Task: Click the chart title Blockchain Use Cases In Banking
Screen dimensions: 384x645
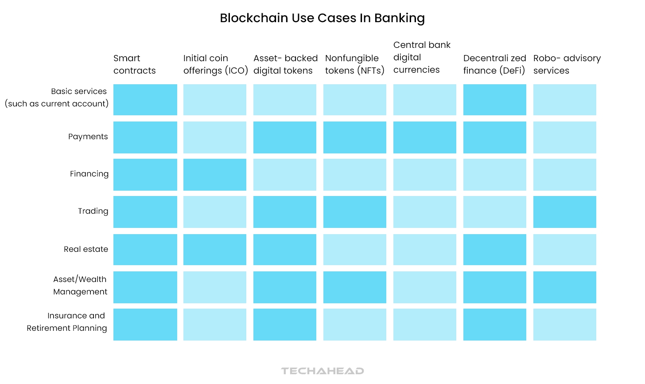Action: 322,18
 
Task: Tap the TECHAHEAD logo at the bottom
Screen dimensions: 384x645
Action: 322,371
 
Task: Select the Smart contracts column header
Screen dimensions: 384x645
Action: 135,64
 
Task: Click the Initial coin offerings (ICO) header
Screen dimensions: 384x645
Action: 215,64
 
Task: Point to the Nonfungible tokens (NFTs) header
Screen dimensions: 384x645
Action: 354,64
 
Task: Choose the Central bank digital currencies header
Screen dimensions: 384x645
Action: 421,57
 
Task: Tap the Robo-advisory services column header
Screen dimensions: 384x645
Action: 567,64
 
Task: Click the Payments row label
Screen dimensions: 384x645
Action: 88,137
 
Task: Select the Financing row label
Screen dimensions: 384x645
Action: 89,174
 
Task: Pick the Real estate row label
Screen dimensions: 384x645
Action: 86,249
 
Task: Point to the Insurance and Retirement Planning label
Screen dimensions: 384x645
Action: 67,322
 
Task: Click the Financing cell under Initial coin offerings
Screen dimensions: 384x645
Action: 215,175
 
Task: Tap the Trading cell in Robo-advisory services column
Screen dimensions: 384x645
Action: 564,212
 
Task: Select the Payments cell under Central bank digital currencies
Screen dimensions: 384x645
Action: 424,137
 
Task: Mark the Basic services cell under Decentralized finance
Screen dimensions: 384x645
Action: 494,100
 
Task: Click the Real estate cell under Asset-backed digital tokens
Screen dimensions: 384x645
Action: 284,250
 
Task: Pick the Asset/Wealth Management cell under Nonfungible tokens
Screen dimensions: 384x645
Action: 354,287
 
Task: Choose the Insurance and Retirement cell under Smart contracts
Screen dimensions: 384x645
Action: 145,325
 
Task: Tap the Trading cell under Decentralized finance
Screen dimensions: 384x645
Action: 494,212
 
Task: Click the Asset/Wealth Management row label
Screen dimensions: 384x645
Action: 80,286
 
